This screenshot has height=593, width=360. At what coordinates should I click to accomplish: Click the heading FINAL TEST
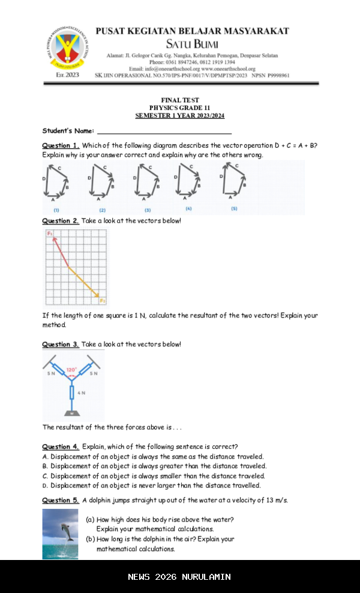180,100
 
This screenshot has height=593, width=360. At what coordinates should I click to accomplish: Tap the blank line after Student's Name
164,131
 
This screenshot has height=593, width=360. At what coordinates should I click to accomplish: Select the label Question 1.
61,146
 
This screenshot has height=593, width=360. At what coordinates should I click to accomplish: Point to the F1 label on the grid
50,233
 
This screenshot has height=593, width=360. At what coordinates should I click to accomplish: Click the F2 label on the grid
103,300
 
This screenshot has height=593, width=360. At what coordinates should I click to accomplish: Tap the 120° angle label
72,370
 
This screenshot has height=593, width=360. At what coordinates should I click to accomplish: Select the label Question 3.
61,345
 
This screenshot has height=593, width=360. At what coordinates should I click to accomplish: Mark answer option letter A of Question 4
45,457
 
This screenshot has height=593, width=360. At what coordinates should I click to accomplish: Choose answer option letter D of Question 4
45,486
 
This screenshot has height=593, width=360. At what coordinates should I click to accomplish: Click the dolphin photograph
60,534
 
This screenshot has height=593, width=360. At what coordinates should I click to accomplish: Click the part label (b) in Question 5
90,539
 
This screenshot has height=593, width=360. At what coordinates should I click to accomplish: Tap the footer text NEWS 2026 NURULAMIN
179,577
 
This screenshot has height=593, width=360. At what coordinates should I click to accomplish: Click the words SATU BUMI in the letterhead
192,44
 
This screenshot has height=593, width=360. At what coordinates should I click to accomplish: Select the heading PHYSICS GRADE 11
180,107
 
